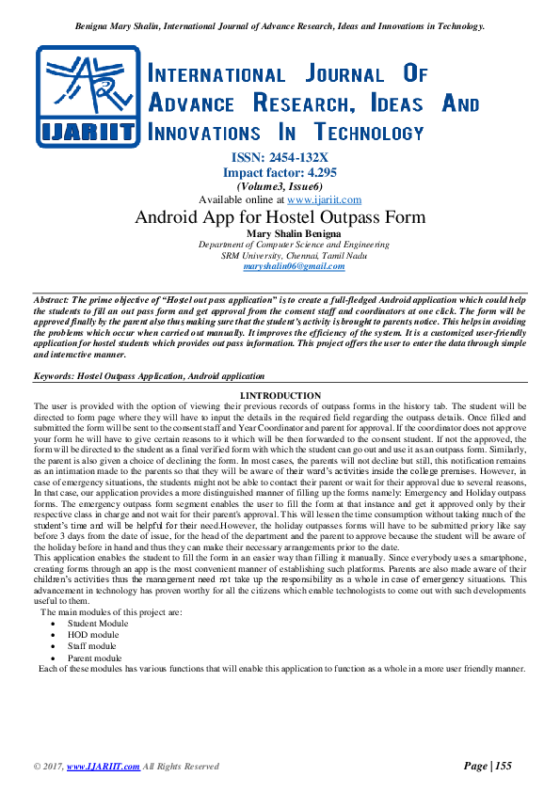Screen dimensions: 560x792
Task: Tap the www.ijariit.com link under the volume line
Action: click(324, 199)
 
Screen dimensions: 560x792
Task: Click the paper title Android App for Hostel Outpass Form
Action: click(280, 217)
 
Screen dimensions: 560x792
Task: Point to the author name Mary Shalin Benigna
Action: click(280, 233)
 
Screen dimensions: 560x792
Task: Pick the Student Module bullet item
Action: click(98, 623)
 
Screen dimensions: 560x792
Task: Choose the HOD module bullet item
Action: click(93, 634)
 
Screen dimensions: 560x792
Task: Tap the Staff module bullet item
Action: click(92, 646)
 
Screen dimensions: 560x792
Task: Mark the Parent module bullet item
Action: click(95, 657)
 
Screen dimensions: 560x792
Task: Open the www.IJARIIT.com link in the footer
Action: click(104, 768)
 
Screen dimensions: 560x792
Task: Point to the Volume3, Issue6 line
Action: click(280, 186)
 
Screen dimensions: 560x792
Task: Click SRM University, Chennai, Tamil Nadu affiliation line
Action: click(280, 255)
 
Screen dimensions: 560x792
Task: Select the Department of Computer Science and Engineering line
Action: click(280, 245)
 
